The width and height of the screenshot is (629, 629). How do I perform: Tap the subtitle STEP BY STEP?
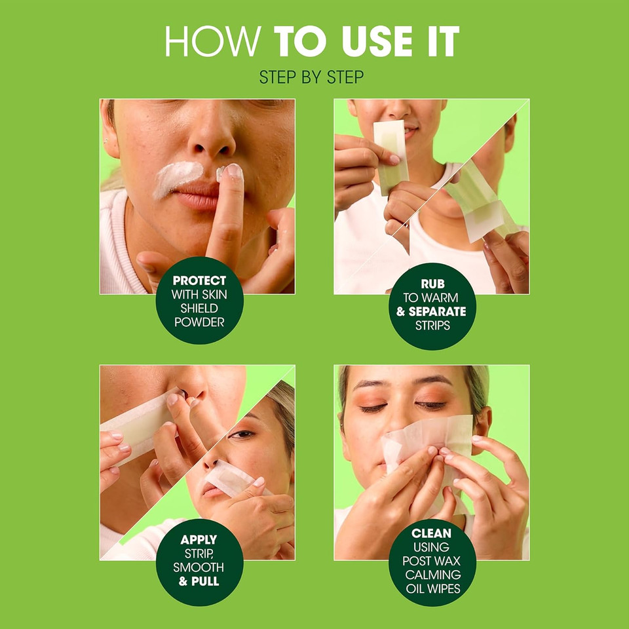point(311,77)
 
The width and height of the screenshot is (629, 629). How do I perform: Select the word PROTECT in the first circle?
point(199,280)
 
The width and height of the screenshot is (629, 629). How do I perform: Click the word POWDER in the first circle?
point(199,322)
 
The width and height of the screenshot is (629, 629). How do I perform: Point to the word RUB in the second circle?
point(432,284)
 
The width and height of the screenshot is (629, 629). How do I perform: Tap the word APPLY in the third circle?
point(199,540)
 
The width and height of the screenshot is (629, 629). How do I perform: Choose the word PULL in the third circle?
point(206,581)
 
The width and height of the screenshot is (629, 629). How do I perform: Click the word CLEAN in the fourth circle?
point(432,533)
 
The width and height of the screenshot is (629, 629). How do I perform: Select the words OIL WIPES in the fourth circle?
point(432,588)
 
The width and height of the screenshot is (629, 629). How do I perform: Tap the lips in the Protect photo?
point(197,195)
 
